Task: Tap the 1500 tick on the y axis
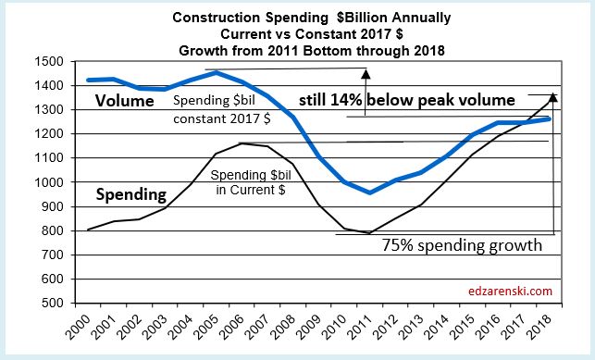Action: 47,62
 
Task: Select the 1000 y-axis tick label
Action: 47,182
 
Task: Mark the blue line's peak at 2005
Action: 215,72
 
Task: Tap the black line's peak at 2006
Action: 242,143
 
